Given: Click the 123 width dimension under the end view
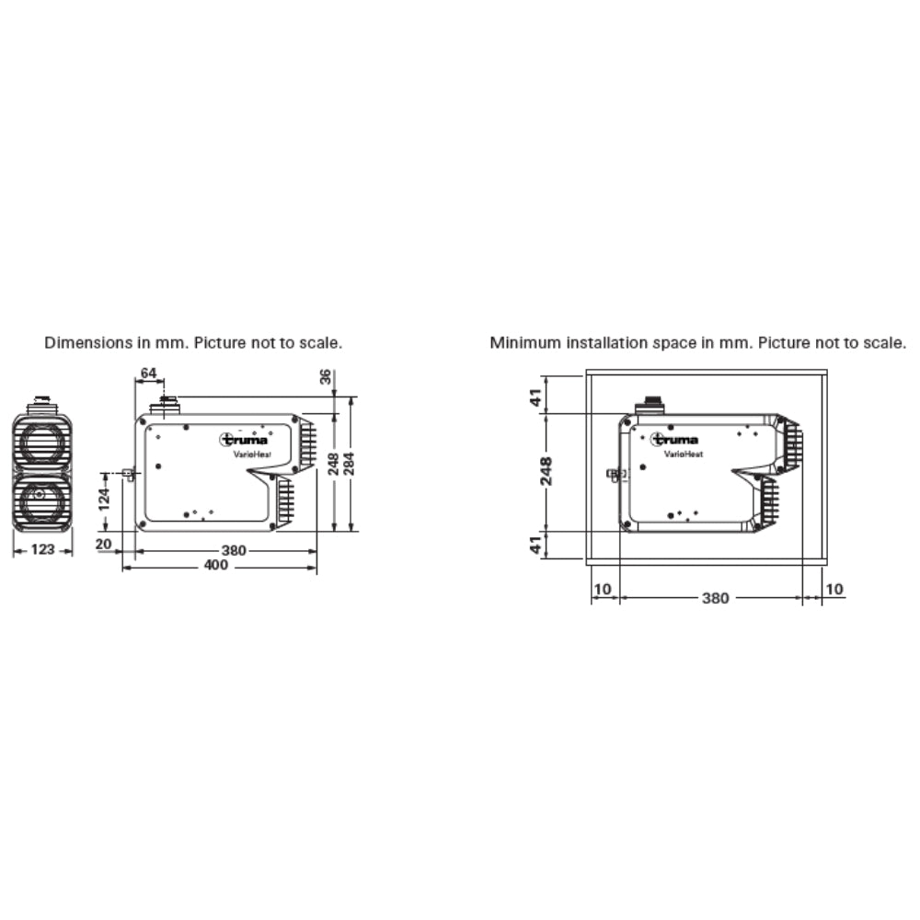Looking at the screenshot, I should [42, 549].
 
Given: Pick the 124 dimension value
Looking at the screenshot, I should [106, 500].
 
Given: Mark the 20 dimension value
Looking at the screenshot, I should [104, 544].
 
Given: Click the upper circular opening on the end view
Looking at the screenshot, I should [42, 442].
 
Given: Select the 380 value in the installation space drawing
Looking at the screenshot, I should [715, 598].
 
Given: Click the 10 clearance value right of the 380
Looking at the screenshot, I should [834, 589].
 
